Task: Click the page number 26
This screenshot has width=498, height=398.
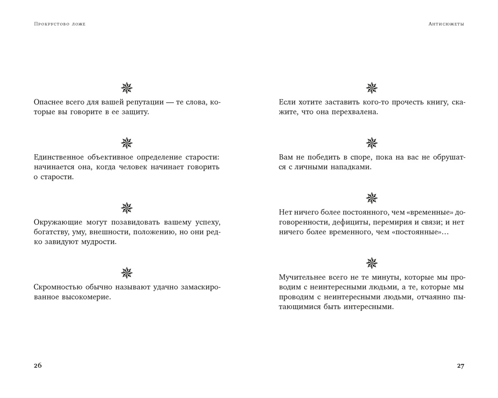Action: (38, 366)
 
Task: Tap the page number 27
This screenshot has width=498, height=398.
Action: (460, 366)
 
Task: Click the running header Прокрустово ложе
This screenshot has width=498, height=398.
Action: (59, 24)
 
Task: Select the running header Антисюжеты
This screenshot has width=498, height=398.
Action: (446, 24)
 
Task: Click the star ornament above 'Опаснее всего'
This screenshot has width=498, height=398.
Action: (127, 88)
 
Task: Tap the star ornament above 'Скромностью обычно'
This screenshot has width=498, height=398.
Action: (127, 273)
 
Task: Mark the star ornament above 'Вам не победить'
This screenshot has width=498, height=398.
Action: (372, 143)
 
